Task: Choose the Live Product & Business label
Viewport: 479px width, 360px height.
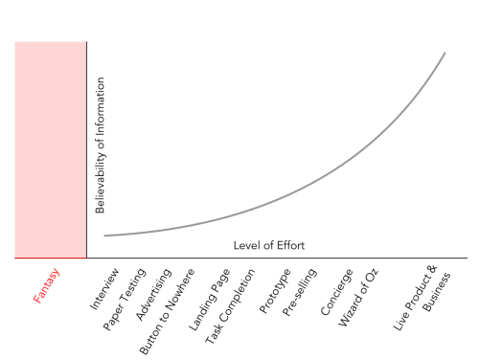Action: point(423,297)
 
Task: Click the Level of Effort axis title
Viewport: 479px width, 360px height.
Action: point(269,246)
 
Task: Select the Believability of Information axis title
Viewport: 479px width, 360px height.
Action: point(100,145)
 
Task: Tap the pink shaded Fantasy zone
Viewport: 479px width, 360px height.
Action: point(51,149)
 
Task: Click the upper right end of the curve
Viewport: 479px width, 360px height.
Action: point(445,53)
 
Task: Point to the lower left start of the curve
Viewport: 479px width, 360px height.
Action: point(105,236)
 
